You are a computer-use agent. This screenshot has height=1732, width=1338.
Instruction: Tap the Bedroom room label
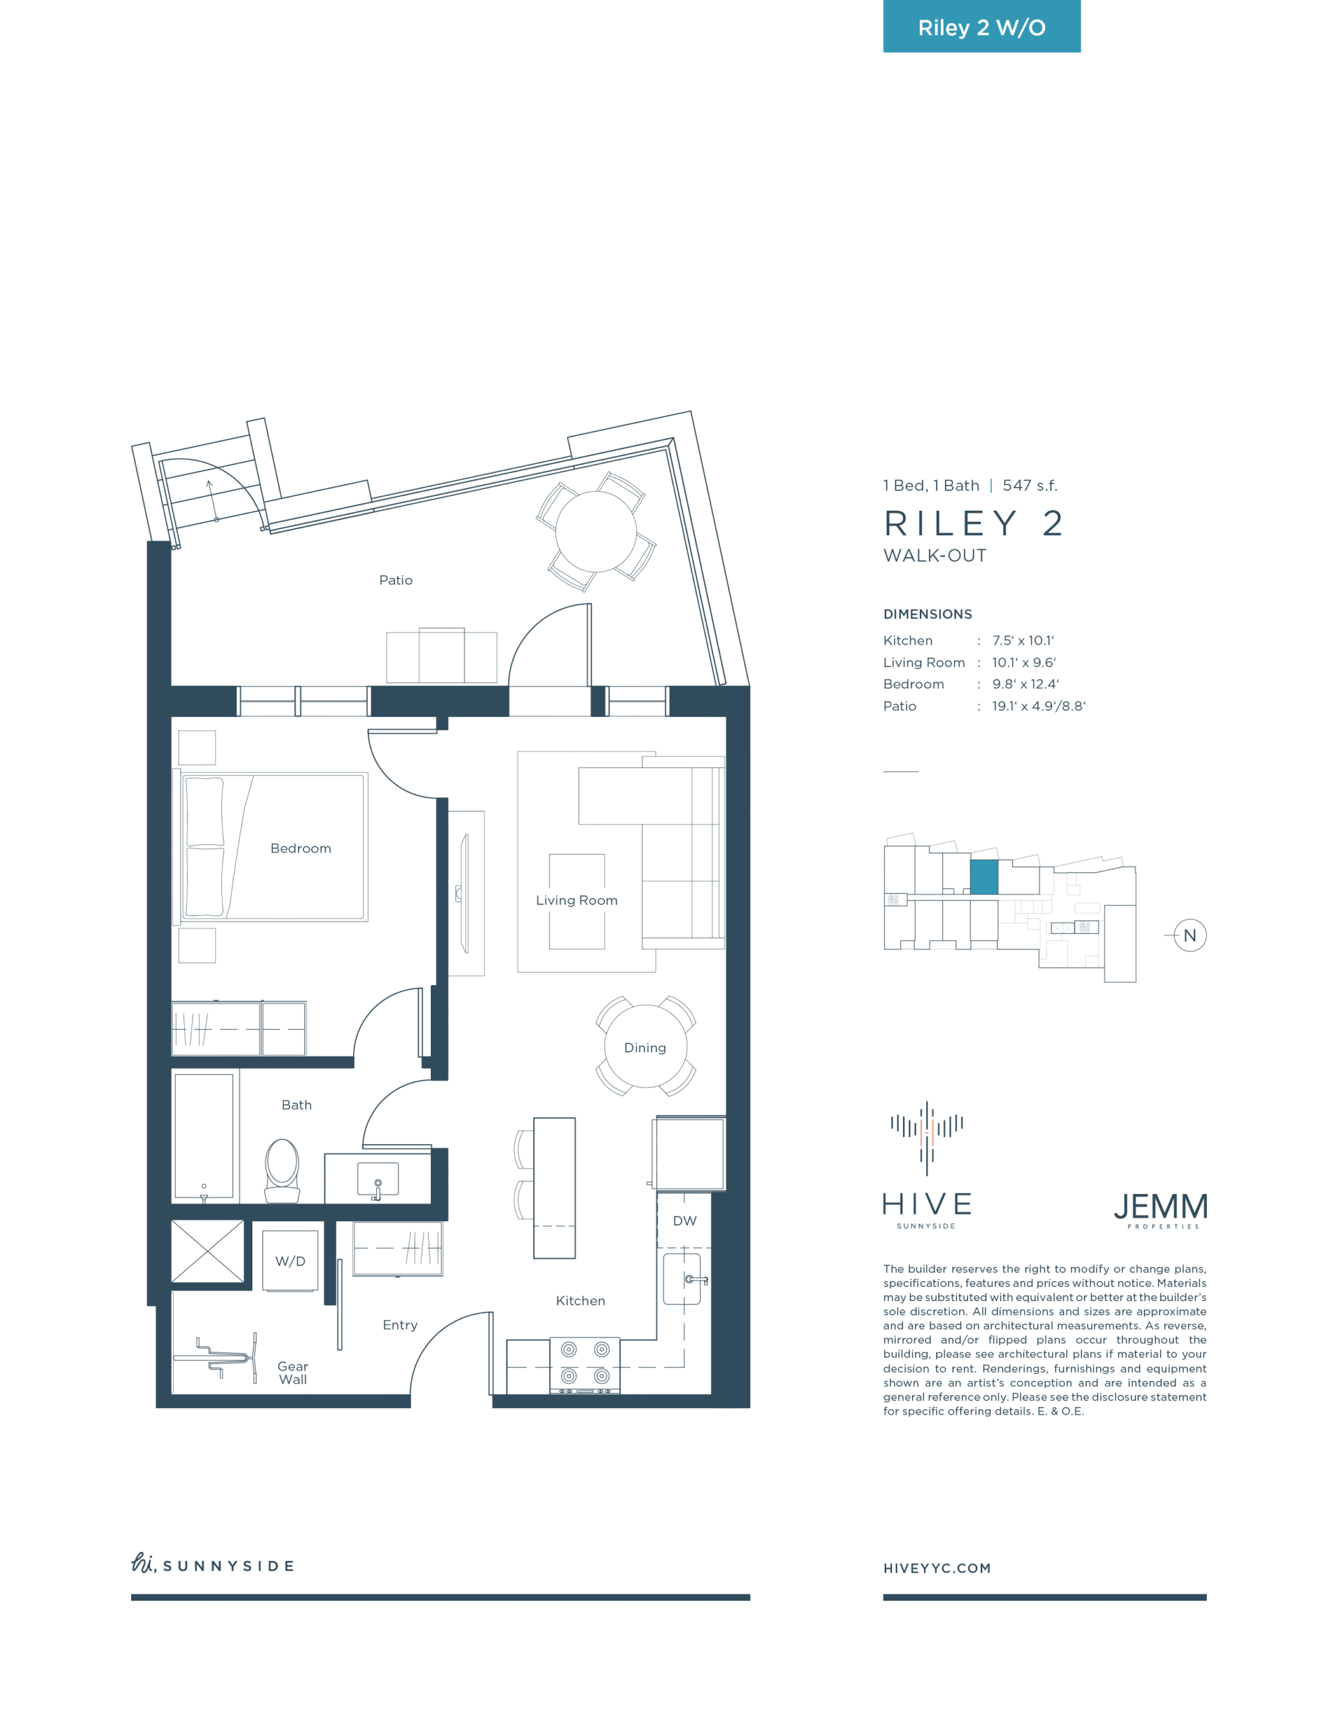pos(300,848)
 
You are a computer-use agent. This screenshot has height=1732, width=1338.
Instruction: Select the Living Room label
pos(576,900)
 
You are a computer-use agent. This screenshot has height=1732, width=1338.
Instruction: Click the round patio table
pos(596,531)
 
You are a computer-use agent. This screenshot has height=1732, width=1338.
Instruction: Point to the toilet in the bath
pos(281,1170)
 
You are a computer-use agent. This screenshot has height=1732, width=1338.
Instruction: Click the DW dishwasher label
pos(685,1221)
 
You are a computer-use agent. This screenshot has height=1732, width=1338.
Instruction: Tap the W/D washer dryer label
pos(290,1262)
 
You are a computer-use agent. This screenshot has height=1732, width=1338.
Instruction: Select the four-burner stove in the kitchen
pos(585,1365)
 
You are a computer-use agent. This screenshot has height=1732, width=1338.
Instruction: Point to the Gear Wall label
pos(293,1373)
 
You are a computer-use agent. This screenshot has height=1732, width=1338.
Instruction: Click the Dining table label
pos(645,1047)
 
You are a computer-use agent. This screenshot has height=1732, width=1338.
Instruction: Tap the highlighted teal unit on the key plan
pos(984,877)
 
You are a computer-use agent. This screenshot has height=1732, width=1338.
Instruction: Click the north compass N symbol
pos(1190,936)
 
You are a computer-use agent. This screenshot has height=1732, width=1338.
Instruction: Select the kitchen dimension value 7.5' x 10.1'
pos(1023,641)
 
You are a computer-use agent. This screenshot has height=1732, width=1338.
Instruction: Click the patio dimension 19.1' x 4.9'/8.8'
pos(1039,706)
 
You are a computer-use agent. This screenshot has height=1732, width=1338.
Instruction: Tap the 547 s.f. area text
pos(1030,485)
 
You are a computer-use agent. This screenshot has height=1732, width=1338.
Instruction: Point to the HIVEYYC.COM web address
pos(937,1568)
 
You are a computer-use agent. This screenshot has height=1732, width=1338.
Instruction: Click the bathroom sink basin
pos(377,1179)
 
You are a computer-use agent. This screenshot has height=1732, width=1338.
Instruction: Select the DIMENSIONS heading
pos(927,614)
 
